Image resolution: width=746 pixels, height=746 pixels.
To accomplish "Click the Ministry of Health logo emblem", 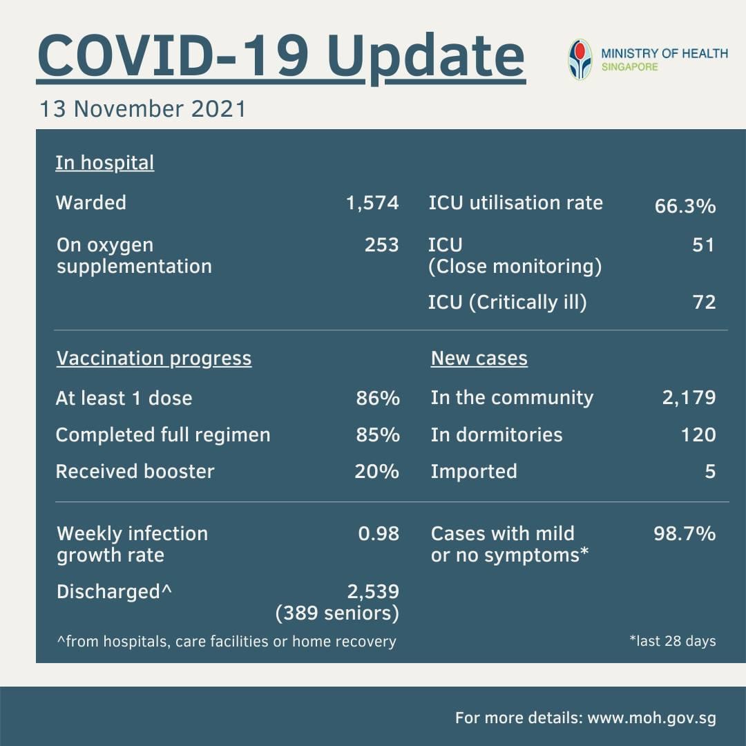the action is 580,59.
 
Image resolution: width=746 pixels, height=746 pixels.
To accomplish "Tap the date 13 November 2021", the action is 143,109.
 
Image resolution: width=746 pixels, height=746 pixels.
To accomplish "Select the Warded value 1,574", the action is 372,203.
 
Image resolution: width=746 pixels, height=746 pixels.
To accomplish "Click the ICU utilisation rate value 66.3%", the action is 685,206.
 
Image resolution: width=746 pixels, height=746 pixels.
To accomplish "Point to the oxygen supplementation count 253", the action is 381,245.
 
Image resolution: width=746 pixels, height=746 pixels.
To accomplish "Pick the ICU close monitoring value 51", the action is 704,245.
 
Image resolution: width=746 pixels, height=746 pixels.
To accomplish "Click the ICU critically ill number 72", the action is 704,302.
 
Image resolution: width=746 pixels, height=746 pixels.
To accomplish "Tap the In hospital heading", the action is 105,163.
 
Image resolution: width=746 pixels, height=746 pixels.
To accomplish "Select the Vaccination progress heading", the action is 153,358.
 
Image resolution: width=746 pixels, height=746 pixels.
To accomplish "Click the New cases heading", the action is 479,358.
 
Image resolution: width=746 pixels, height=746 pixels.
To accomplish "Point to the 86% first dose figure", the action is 378,399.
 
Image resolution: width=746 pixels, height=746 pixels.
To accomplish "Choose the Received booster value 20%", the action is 377,472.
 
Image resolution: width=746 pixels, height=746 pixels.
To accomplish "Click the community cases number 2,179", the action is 689,398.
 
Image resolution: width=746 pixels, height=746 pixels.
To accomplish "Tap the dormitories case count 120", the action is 698,435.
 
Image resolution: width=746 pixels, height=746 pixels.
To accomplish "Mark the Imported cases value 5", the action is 710,472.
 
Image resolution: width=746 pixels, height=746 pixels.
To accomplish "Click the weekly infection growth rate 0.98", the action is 379,534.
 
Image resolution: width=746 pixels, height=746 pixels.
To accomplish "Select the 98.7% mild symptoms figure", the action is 685,534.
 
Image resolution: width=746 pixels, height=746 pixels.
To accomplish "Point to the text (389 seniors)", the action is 337,613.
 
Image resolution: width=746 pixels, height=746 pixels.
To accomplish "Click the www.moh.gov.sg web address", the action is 652,718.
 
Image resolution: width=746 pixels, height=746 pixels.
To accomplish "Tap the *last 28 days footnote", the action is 673,641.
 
